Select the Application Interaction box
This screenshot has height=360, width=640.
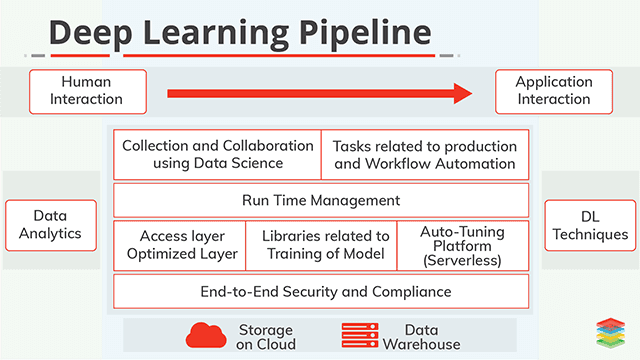[x=552, y=92]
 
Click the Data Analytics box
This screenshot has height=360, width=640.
[x=51, y=225]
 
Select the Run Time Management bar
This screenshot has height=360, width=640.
[x=321, y=200]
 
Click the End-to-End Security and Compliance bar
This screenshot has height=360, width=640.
[x=321, y=291]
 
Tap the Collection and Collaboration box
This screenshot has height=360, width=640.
[x=217, y=154]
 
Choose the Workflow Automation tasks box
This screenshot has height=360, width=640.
[x=424, y=154]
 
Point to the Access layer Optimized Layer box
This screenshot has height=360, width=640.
[x=175, y=245]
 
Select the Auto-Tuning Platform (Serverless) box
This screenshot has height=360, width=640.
[x=463, y=245]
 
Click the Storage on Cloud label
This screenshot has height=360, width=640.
[x=266, y=336]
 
